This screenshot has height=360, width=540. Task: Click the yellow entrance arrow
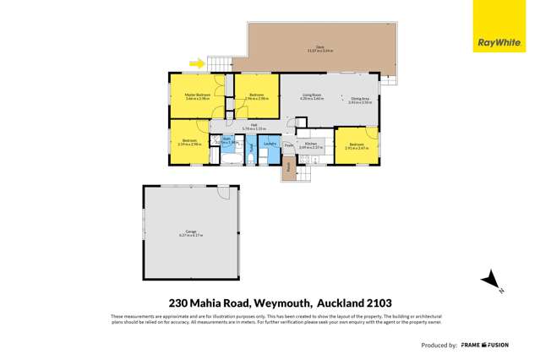point(198,62)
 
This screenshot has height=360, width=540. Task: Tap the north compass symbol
point(489,281)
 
